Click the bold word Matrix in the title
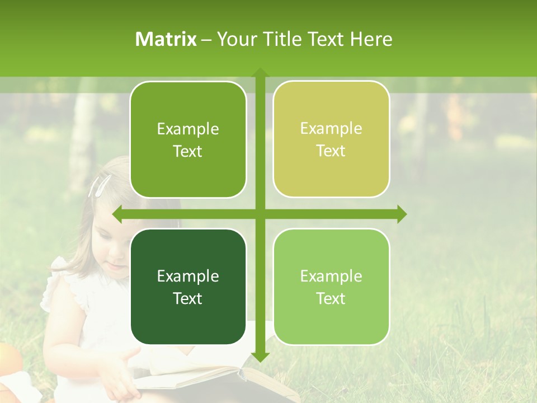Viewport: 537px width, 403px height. point(166,39)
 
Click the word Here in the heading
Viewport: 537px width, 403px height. point(371,39)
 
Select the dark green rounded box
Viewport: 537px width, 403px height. point(188,287)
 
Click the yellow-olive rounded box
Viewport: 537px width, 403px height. point(331,139)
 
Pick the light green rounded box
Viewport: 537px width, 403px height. point(331,287)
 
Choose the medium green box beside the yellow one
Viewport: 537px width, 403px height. point(188,139)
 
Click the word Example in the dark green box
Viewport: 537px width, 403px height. point(188,276)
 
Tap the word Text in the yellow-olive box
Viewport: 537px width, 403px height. point(331,151)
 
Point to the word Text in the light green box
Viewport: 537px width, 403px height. point(331,298)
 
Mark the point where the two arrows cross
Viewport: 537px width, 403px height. point(260,214)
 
